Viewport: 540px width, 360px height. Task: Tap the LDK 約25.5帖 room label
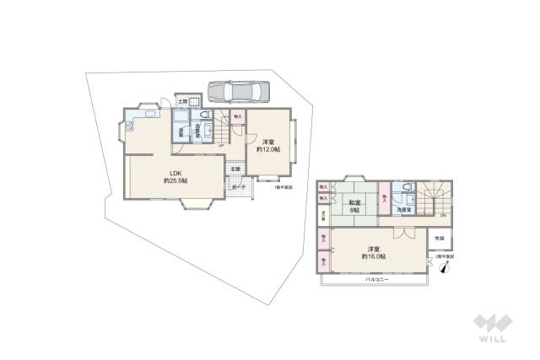coord(175,178)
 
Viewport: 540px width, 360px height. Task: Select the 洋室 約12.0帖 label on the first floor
coord(268,144)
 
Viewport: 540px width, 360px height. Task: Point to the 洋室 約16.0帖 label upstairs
coord(374,251)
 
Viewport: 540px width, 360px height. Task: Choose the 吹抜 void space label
coord(440,239)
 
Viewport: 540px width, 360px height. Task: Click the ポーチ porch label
coord(239,186)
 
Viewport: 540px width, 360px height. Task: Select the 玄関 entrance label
coord(235,169)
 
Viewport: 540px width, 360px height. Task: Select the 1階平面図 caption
coord(283,187)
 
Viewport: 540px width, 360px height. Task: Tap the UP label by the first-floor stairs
coord(221,146)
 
